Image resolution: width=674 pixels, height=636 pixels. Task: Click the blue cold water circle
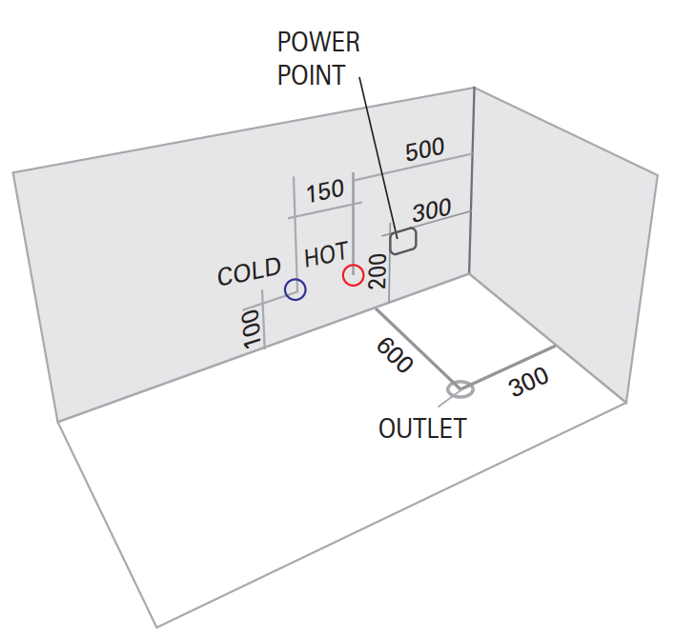(x=295, y=289)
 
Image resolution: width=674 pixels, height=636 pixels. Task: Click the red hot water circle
(x=353, y=275)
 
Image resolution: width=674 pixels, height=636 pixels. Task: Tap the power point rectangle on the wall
(x=403, y=241)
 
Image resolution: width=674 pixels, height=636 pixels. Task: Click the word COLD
(x=249, y=272)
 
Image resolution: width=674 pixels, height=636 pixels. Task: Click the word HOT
(x=326, y=255)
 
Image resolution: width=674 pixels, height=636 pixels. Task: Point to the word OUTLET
(x=422, y=428)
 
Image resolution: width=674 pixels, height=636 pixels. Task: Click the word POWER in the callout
(x=318, y=43)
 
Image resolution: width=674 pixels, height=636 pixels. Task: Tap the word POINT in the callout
(x=311, y=75)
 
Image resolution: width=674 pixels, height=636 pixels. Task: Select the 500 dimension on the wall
(x=424, y=150)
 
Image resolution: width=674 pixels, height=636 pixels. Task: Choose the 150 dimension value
(x=325, y=190)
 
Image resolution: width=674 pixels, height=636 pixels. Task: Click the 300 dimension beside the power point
(x=431, y=210)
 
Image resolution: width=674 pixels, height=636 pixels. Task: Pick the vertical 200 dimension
(x=377, y=271)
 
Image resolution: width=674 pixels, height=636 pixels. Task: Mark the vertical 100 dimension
(x=252, y=329)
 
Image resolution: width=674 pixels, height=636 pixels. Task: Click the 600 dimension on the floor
(x=393, y=354)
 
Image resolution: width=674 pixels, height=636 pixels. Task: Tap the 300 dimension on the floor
(x=528, y=383)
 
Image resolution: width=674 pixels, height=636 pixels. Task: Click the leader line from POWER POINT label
(x=377, y=152)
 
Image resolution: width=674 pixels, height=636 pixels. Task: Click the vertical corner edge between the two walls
(x=473, y=181)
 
